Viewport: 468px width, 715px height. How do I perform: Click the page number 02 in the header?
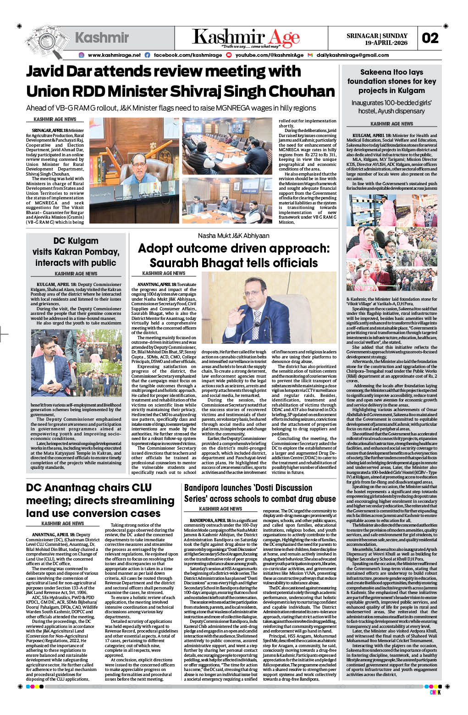coord(430,38)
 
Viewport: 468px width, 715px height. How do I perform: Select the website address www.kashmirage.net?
coord(114,55)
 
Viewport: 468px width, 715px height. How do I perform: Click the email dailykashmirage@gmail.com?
coord(352,55)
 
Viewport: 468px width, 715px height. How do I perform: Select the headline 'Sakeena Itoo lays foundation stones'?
coord(391,81)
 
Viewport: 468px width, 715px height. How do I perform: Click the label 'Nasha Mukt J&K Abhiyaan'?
coord(233,236)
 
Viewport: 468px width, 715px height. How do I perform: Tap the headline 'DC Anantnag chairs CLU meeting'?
coord(100,500)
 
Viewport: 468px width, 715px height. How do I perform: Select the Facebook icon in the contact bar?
coord(147,55)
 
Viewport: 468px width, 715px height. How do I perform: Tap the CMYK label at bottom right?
coord(435,692)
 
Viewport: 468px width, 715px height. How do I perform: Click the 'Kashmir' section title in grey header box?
coord(102,38)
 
